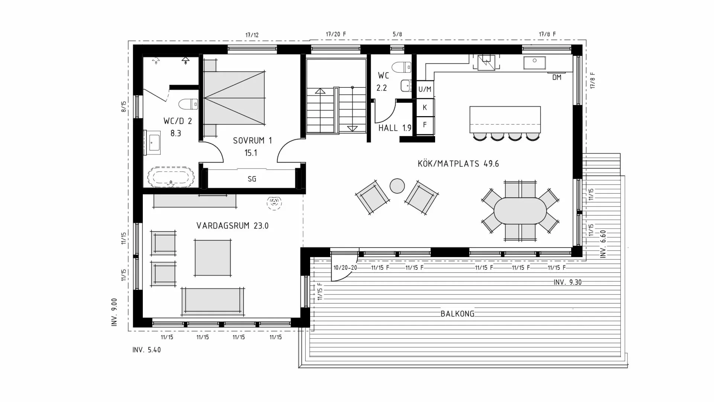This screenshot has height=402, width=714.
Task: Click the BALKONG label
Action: pyautogui.click(x=457, y=314)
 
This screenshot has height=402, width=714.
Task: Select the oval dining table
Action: pyautogui.click(x=520, y=211)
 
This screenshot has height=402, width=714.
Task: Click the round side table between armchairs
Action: pyautogui.click(x=397, y=186)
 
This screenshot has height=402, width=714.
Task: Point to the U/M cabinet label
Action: pyautogui.click(x=425, y=89)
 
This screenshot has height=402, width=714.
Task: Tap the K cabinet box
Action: pyautogui.click(x=425, y=108)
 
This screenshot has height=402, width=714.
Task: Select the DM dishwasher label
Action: pyautogui.click(x=556, y=77)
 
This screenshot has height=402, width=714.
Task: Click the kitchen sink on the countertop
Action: pyautogui.click(x=534, y=63)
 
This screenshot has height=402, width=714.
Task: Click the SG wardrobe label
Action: pyautogui.click(x=252, y=179)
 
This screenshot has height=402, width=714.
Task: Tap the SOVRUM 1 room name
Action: pyautogui.click(x=252, y=141)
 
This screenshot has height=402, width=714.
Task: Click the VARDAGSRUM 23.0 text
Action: pyautogui.click(x=232, y=226)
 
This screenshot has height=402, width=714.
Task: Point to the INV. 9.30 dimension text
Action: pyautogui.click(x=567, y=283)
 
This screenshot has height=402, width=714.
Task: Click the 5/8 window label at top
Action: pyautogui.click(x=397, y=35)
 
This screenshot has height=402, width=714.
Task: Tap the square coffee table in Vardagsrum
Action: pyautogui.click(x=212, y=258)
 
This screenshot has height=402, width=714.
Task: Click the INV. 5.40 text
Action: pyautogui.click(x=147, y=350)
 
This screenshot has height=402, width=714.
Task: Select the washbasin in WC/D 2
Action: pyautogui.click(x=154, y=142)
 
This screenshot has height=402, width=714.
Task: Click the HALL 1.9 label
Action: pyautogui.click(x=395, y=128)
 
